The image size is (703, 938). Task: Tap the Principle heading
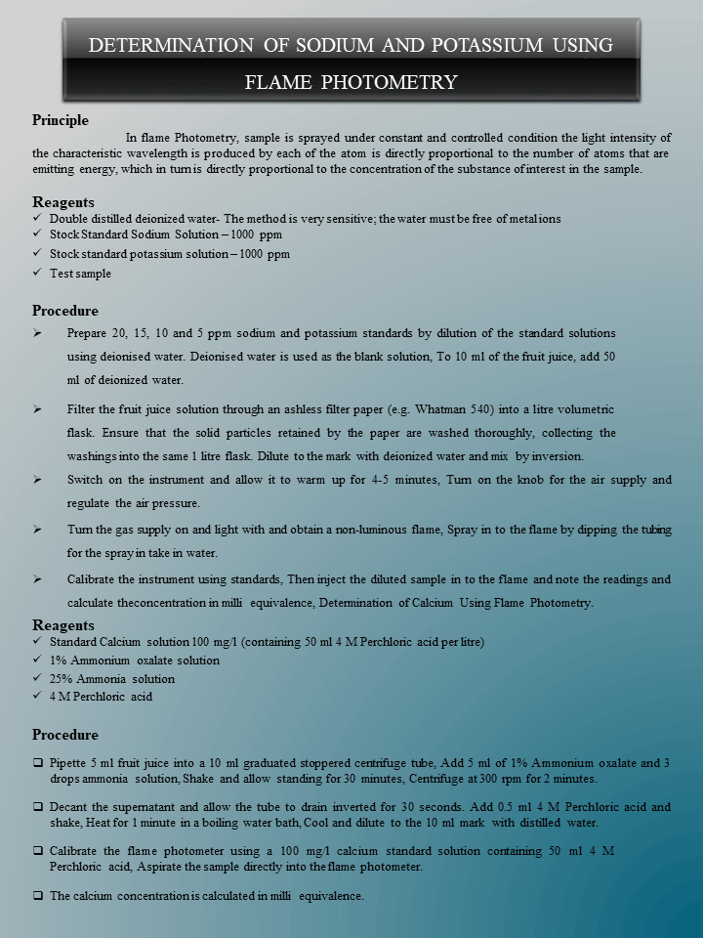[61, 120]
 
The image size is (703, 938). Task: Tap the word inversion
[557, 456]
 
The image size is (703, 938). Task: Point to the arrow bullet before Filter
[37, 408]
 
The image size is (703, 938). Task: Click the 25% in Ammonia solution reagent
[62, 679]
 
